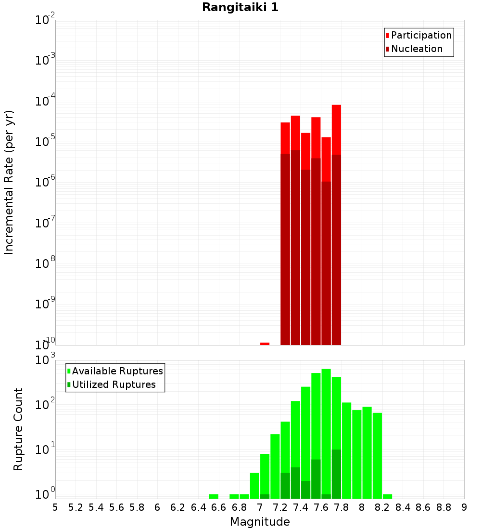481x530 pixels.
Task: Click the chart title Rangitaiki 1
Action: [x=240, y=7]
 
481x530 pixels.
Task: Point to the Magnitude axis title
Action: [x=260, y=521]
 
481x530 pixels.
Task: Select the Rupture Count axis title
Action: [x=18, y=429]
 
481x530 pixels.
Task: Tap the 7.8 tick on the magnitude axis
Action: [x=342, y=507]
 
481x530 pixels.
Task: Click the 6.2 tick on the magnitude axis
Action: [x=177, y=507]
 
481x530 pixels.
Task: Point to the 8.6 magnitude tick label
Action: [x=423, y=507]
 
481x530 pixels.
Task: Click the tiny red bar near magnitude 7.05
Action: [x=265, y=344]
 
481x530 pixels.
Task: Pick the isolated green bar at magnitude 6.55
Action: [x=214, y=496]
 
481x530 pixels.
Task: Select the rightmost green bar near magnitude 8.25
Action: [x=387, y=496]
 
